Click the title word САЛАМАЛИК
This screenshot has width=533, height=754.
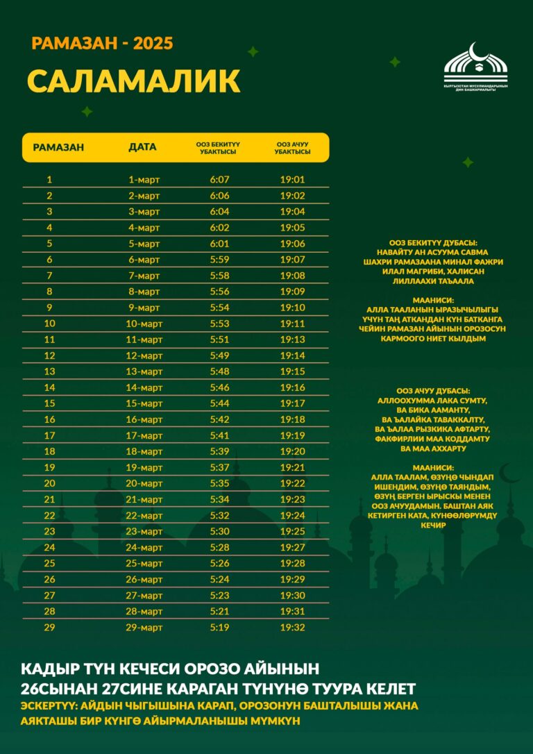coord(133,81)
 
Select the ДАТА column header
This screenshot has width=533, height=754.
coord(143,147)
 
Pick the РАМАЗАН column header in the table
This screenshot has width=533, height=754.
coord(58,147)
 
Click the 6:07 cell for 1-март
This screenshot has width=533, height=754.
coord(219,180)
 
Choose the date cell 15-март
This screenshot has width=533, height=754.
coord(144,403)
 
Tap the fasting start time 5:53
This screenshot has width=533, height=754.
coord(219,324)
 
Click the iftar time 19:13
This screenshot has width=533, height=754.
coord(292,340)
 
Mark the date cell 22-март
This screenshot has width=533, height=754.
coord(144,515)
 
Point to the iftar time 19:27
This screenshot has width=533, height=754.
coord(292,547)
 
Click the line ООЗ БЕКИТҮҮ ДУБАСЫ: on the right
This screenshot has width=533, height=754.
coord(432,243)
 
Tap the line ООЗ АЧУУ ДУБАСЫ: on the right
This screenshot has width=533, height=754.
coord(432,391)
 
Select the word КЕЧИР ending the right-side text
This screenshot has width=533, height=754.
coord(432,526)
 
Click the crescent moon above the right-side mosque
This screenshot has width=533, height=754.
coord(511,474)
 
